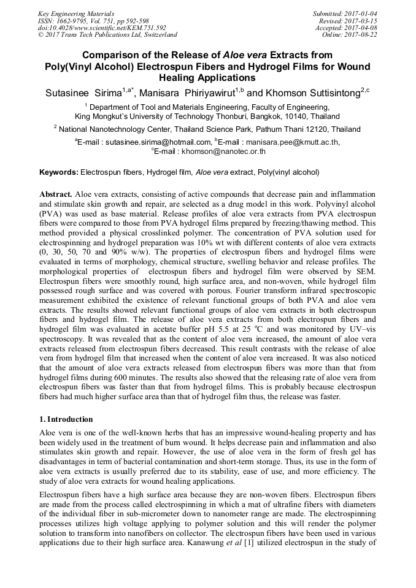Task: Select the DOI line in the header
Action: pyautogui.click(x=102, y=28)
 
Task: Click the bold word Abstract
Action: pyautogui.click(x=56, y=193)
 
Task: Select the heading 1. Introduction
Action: pyautogui.click(x=66, y=419)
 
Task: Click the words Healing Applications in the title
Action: pyautogui.click(x=207, y=78)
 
